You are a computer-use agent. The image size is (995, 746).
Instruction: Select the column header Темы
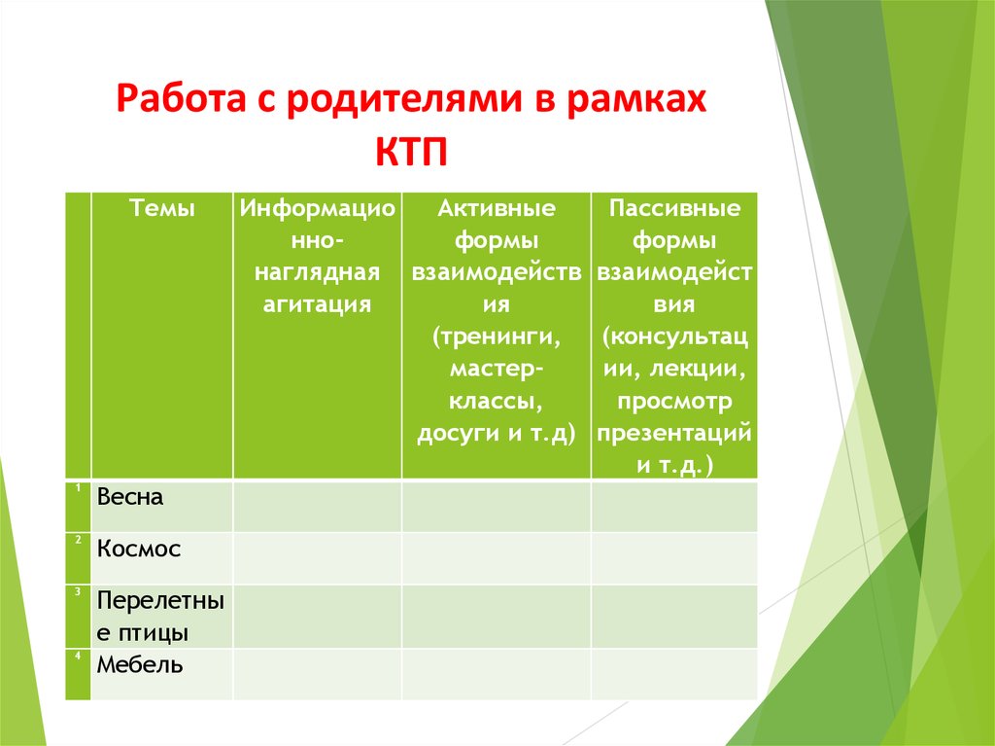click(161, 208)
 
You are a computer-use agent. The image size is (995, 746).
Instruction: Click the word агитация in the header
click(317, 304)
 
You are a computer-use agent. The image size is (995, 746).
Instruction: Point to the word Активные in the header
click(496, 208)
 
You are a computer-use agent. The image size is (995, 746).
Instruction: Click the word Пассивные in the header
click(674, 208)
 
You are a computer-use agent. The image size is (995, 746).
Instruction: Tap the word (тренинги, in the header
click(496, 337)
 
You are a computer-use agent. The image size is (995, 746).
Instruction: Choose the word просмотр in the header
click(674, 401)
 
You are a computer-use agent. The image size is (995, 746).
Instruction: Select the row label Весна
click(130, 497)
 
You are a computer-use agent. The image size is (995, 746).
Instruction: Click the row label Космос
click(139, 549)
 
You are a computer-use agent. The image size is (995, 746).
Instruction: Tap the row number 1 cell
click(77, 505)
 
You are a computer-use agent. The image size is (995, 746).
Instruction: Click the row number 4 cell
click(77, 673)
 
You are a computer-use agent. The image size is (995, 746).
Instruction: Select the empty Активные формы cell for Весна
click(496, 505)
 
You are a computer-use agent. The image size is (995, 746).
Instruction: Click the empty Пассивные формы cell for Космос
click(674, 557)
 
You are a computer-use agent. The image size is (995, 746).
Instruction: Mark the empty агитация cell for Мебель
click(317, 673)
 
